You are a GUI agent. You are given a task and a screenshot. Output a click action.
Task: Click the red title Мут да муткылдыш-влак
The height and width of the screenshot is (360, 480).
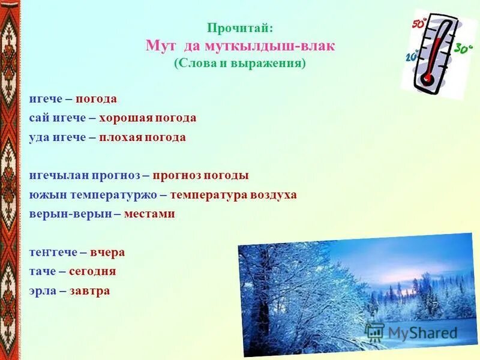click(240, 46)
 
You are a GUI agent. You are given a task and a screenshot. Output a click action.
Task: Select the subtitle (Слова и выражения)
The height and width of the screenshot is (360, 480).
click(240, 63)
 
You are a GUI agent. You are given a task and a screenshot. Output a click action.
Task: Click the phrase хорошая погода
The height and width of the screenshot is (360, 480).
click(148, 118)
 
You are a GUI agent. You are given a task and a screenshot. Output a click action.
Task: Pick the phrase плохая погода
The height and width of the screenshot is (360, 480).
click(142, 137)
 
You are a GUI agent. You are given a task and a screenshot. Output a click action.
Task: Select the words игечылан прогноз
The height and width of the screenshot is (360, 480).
click(85, 175)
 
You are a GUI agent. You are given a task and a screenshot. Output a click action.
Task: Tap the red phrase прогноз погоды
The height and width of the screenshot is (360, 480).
click(200, 175)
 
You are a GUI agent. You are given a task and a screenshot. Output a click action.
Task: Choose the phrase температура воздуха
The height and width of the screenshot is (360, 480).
click(233, 194)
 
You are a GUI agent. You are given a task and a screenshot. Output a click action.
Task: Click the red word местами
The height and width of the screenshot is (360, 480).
click(149, 214)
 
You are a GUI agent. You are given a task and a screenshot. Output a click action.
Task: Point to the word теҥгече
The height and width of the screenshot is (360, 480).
click(54, 252)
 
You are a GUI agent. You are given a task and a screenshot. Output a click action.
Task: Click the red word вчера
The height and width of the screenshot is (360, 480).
click(107, 252)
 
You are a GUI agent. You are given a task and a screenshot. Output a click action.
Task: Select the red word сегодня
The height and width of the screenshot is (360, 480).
click(92, 271)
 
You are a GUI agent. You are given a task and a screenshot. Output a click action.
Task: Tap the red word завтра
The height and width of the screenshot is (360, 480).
click(89, 290)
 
